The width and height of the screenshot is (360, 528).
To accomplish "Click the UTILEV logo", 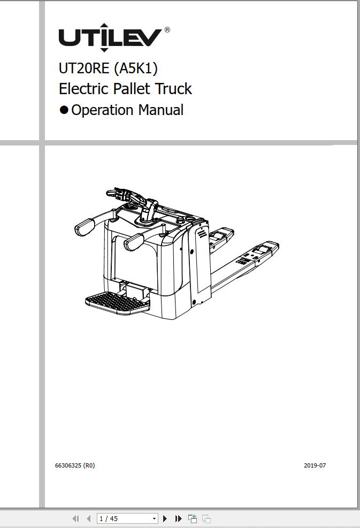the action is (110, 37).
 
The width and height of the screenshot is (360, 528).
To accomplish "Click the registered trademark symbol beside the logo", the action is (167, 30).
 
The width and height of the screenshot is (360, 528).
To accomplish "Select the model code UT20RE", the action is (84, 68).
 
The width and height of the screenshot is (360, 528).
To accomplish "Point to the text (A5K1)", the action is (136, 68).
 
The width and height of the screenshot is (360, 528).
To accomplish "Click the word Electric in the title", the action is (84, 89).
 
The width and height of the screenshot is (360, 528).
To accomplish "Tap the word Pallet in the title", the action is (132, 89).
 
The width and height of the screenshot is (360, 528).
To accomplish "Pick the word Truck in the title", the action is (173, 89).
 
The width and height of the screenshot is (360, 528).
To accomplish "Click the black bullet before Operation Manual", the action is (64, 110).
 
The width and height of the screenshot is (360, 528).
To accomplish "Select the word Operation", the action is (102, 110).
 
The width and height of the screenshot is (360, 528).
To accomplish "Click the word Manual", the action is (161, 110).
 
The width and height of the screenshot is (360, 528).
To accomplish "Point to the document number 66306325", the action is (68, 465).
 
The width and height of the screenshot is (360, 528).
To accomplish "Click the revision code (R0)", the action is (89, 465).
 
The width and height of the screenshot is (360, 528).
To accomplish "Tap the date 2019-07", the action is (315, 465).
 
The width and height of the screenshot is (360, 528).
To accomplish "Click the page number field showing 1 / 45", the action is (127, 518).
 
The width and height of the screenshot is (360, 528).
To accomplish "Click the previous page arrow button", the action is (89, 518).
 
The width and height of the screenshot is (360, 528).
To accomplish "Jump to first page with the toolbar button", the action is (76, 518).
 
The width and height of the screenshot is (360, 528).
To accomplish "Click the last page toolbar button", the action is (179, 518).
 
